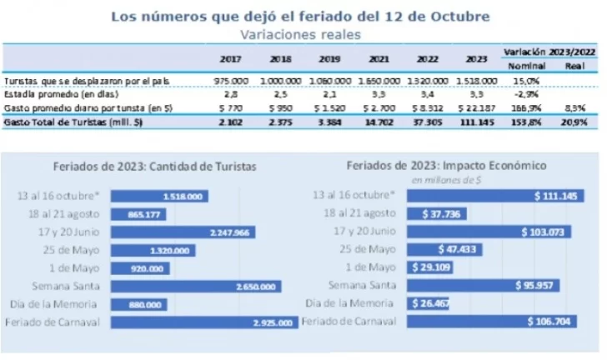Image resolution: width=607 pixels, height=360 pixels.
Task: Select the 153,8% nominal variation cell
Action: coord(524,121)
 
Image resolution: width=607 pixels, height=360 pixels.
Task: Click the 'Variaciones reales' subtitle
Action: coord(300,35)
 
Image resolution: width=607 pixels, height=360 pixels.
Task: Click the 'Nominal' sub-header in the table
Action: coord(526,65)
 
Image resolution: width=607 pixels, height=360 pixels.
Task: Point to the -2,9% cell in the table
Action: coord(524,95)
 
